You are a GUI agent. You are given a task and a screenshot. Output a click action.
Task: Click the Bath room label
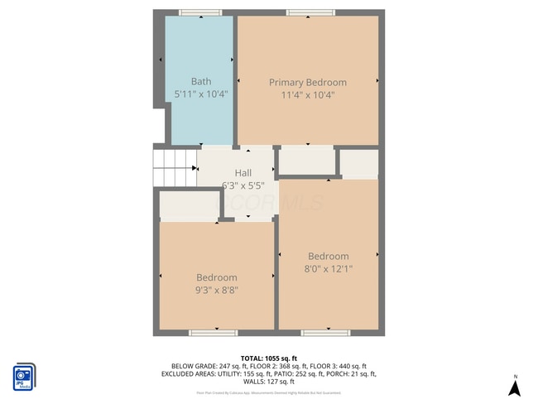201,81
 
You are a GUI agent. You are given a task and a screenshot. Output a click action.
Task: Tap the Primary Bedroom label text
308,82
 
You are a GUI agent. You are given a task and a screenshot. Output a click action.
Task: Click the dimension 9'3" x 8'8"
217,291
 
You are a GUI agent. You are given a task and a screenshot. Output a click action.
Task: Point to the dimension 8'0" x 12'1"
329,269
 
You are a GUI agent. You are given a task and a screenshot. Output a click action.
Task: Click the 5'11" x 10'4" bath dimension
201,94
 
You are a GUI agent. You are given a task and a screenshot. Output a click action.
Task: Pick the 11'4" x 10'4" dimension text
308,94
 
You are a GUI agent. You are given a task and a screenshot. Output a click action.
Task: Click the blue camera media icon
24,377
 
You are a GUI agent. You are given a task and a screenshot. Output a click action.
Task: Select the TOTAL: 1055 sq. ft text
269,357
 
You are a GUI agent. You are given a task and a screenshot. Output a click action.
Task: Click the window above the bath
200,12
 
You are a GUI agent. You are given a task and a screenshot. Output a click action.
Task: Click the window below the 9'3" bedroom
213,333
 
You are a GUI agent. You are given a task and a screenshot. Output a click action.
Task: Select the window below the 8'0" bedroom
325,333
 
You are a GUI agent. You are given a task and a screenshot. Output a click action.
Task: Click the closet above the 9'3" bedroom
189,205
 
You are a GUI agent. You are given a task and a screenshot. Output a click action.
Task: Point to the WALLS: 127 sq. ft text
269,382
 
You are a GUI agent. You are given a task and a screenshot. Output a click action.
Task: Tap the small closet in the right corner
359,164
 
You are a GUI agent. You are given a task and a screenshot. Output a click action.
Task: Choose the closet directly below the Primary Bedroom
306,161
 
